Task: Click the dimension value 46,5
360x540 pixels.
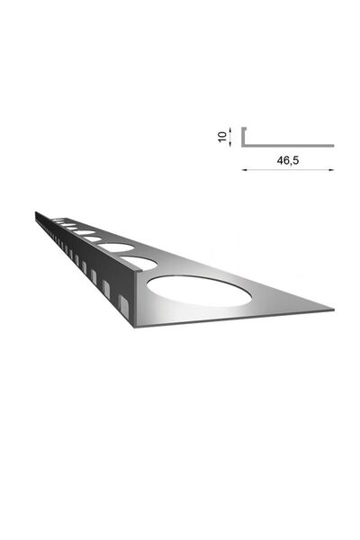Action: tap(287, 160)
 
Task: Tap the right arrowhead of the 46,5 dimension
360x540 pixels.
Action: tap(332, 168)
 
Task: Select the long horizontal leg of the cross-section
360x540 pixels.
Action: tap(288, 145)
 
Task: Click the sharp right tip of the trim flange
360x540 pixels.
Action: tap(333, 310)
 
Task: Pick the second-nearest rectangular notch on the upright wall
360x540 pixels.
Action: tap(106, 288)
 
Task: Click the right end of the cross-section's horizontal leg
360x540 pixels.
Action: tap(332, 145)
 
